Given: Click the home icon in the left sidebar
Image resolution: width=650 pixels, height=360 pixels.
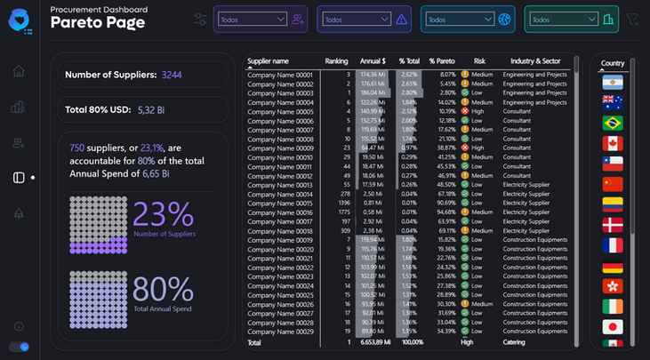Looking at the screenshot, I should coord(18,71).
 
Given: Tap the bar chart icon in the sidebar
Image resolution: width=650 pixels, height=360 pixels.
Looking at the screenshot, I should coord(18,108).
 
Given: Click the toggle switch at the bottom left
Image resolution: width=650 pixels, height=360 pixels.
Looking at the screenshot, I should coord(19,346).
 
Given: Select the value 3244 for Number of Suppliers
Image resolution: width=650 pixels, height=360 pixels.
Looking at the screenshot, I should coord(172,76).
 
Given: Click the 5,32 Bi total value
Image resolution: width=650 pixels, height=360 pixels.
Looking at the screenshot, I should coord(152,109).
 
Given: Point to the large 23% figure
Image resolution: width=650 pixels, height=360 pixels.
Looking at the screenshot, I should coord(163,214).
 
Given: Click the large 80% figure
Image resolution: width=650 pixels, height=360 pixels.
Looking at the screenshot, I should coord(163,290).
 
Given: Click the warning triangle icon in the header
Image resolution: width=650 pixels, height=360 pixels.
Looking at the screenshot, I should coord(401,19).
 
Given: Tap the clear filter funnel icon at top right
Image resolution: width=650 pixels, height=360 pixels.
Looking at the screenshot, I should coord(632,20).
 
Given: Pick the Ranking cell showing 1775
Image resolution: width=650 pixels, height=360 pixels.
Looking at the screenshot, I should coord(342,212).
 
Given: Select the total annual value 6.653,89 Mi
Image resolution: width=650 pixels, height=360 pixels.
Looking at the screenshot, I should coord(372,342).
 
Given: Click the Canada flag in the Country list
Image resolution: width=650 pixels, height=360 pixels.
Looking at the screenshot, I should coord(613,143).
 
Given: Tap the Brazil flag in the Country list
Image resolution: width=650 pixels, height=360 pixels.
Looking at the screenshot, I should coord(613,123).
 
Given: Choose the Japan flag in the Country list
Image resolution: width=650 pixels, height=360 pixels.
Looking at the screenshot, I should coord(613,326).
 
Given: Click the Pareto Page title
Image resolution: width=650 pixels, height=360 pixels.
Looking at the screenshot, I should coord(97,24).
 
